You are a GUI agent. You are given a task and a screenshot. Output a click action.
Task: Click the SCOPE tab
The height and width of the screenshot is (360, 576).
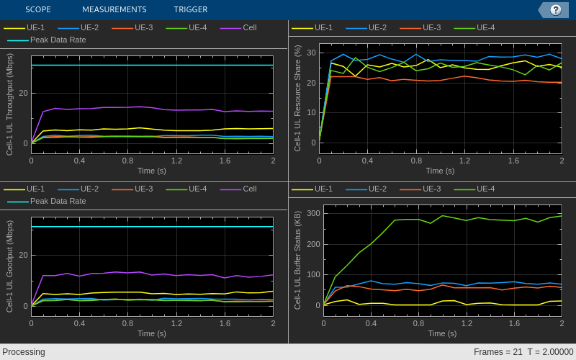click(x=38, y=9)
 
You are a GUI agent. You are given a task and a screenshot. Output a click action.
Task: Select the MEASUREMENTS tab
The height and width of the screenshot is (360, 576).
click(x=114, y=9)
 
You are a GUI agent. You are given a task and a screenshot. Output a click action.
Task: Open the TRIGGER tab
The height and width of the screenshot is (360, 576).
click(x=190, y=9)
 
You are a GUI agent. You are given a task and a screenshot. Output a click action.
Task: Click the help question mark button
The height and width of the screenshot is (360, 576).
click(x=555, y=9)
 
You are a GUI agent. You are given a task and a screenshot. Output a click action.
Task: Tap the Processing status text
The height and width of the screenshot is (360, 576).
click(x=24, y=352)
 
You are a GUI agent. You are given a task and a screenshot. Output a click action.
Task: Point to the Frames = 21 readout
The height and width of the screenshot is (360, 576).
click(x=498, y=352)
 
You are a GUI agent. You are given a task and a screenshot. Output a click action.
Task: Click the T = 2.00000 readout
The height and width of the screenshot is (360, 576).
click(x=550, y=352)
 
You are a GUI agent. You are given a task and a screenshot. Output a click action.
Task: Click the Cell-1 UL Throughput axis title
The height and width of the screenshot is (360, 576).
click(x=10, y=105)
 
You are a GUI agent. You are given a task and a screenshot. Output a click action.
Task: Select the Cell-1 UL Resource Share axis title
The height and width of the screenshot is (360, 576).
click(x=298, y=98)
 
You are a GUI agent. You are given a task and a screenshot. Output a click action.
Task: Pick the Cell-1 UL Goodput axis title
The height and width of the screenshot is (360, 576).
click(x=10, y=266)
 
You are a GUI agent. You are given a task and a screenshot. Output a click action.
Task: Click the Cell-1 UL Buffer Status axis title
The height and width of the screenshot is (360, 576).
click(x=298, y=260)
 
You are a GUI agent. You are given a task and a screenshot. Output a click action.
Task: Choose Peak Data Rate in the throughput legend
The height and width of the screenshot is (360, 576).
click(x=58, y=40)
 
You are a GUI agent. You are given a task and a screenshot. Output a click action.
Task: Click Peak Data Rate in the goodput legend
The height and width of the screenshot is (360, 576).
click(x=58, y=201)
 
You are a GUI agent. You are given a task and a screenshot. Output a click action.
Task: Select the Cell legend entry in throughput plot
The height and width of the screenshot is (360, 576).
click(x=249, y=27)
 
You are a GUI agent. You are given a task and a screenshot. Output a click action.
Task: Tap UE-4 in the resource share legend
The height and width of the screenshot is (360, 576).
click(x=485, y=27)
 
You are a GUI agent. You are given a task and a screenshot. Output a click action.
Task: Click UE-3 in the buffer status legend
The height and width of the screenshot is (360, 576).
click(x=431, y=189)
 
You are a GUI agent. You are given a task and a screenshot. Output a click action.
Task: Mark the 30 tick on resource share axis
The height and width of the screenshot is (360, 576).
click(x=311, y=53)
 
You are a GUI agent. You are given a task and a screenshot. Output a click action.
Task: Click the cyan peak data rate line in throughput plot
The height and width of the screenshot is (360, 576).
click(x=151, y=66)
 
